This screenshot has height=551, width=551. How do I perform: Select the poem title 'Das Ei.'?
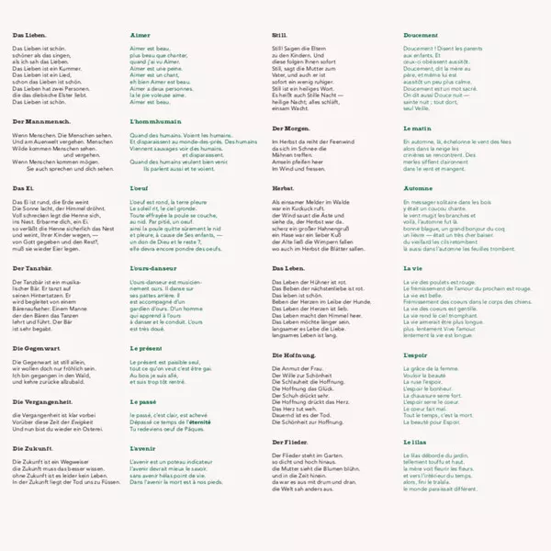click(24, 187)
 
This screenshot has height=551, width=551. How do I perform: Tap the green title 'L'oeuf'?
click(141, 187)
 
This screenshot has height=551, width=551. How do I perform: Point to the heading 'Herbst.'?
click(284, 187)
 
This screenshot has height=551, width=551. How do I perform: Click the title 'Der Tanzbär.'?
click(34, 267)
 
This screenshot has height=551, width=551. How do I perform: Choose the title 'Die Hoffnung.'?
click(294, 354)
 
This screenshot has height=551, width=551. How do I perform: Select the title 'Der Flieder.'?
click(290, 441)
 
